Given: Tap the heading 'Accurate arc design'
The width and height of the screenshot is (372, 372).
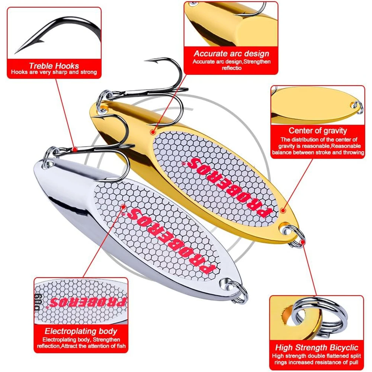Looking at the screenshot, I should coord(231,54).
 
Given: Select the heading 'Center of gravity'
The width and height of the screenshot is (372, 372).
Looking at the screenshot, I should coord(318,131).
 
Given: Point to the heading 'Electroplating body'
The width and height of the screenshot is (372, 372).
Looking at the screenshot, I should coord(81,331).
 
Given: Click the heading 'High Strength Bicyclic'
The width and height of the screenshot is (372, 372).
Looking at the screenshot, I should coord(317,348).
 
